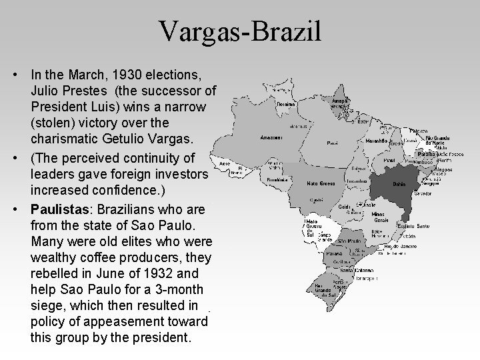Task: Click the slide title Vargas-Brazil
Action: [240, 31]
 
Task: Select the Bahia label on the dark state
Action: [399, 183]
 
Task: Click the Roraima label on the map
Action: [285, 104]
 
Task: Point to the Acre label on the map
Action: [225, 161]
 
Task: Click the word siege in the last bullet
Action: [46, 306]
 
